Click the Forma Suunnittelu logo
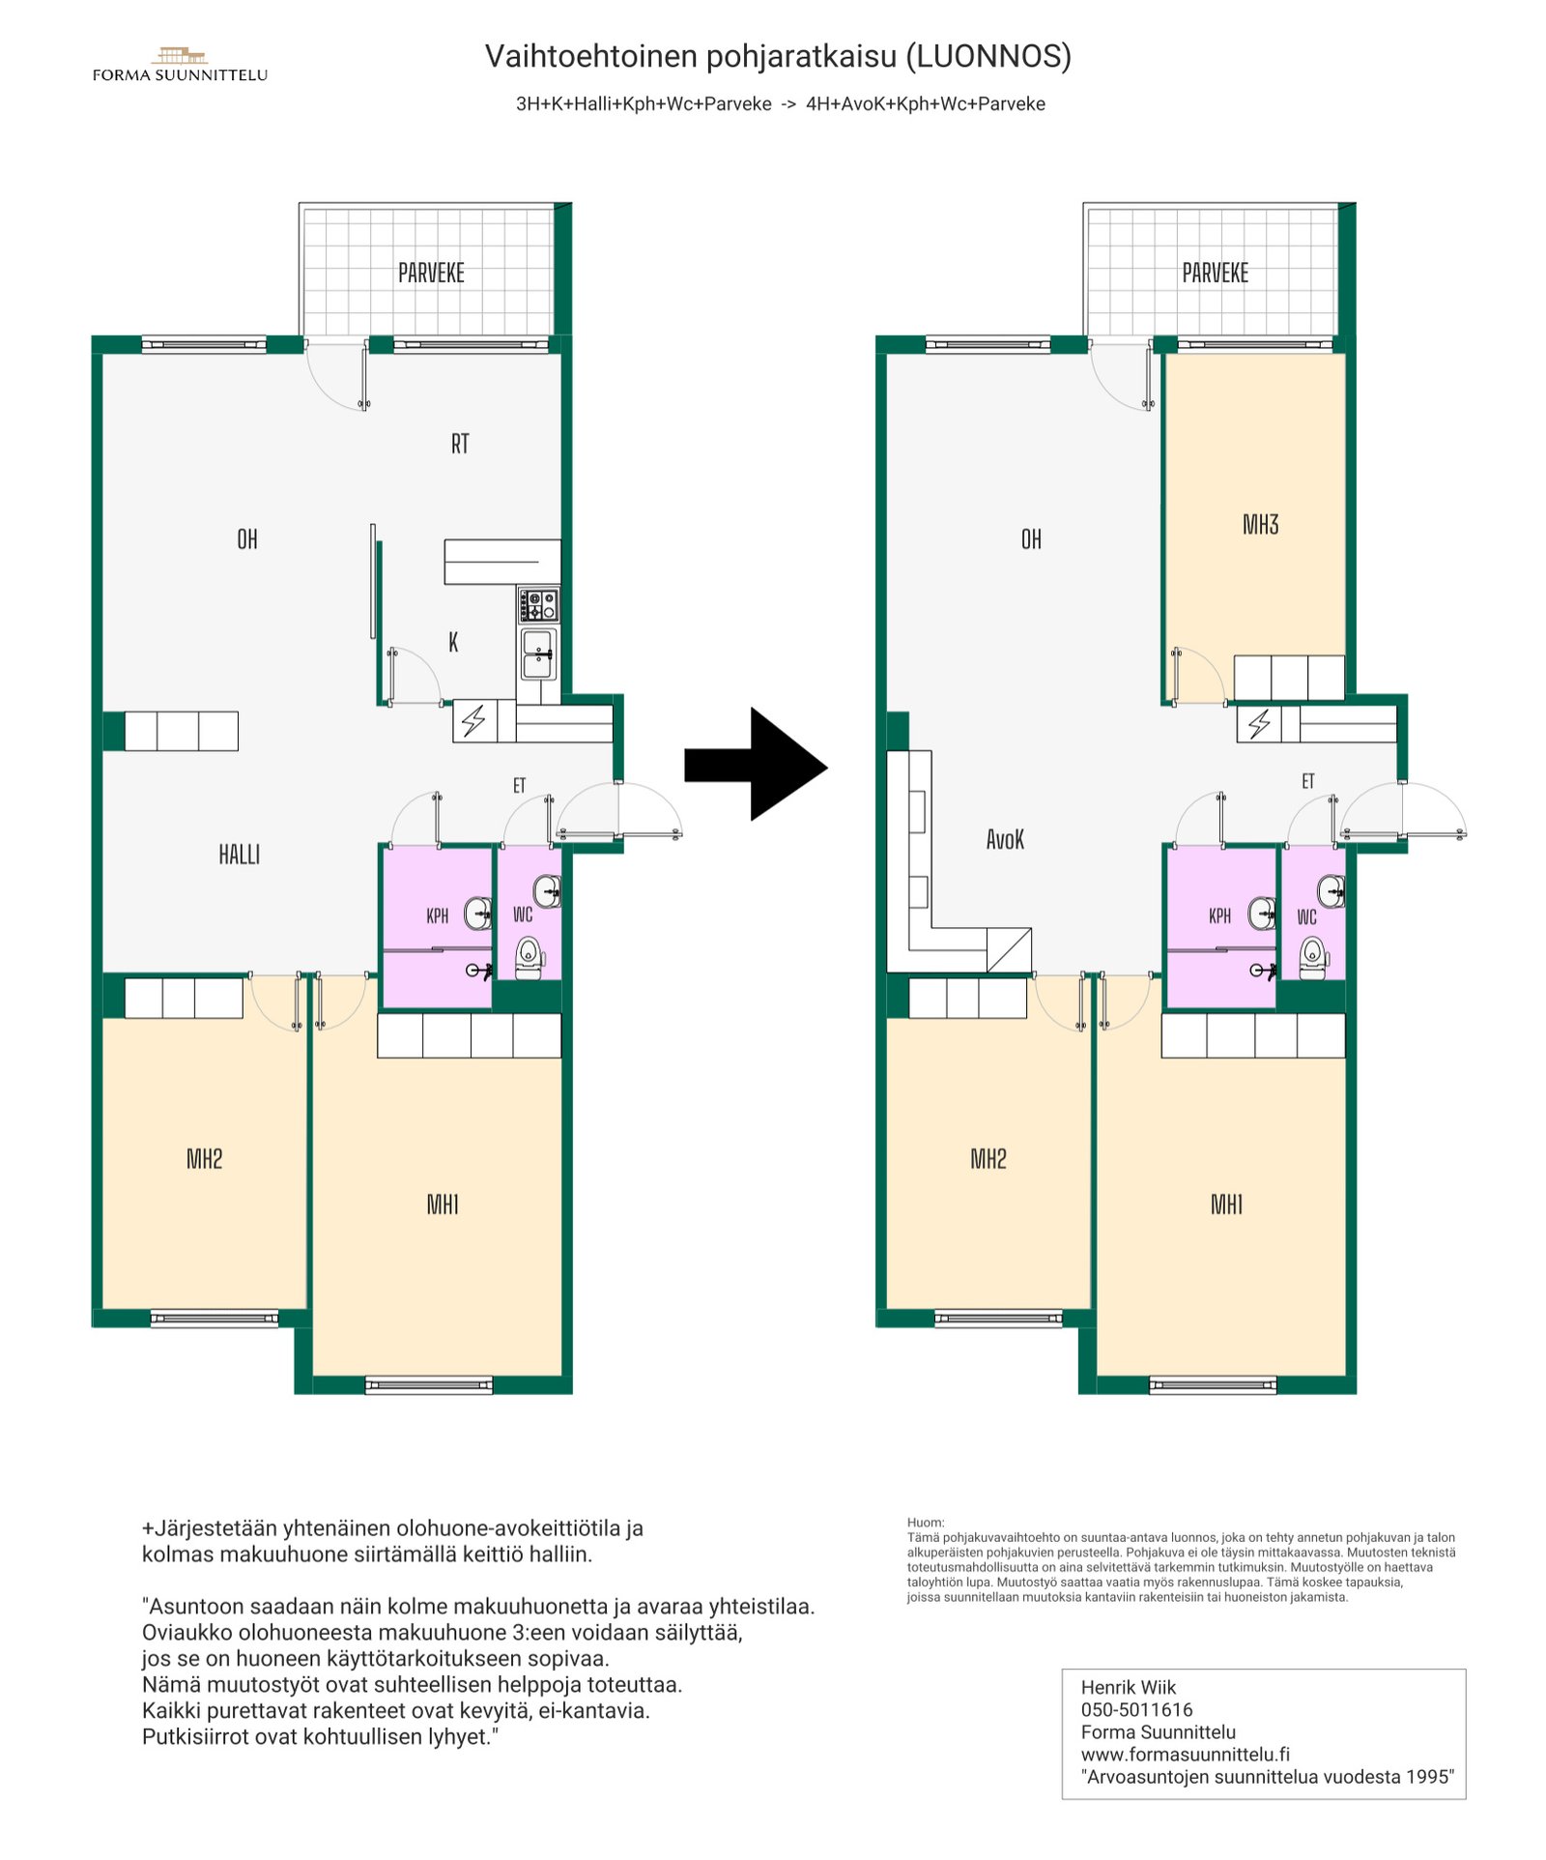[x=180, y=65]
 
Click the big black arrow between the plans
[x=756, y=764]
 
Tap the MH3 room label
[x=1260, y=525]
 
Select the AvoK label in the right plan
[x=1005, y=839]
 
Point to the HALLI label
[x=239, y=855]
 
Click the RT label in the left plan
[x=460, y=444]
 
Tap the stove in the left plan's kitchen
[x=538, y=605]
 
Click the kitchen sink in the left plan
[x=537, y=654]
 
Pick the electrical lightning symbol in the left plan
[x=473, y=720]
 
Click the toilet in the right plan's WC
[x=1313, y=958]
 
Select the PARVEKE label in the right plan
[x=1215, y=273]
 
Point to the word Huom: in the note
[x=925, y=1522]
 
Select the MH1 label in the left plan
[x=443, y=1205]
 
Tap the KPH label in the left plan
[x=437, y=915]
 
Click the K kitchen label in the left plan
[x=453, y=642]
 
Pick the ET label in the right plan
[x=1307, y=781]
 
